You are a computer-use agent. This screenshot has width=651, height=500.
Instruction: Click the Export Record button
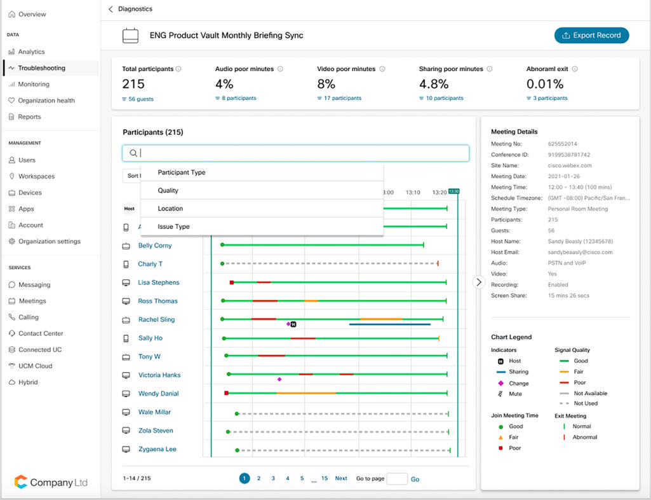coord(591,36)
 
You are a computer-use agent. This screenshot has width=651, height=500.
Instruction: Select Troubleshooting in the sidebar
coord(41,68)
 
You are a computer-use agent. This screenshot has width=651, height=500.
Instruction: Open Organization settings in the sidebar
coord(49,242)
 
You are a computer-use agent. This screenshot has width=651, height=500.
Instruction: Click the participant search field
coord(295,153)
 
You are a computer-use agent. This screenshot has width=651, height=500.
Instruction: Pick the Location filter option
coord(170,209)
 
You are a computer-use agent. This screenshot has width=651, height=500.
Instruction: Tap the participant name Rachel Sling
coord(156,320)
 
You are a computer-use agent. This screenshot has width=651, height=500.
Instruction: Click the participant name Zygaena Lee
coord(157,449)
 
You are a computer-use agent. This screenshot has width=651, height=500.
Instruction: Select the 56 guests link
coord(140,99)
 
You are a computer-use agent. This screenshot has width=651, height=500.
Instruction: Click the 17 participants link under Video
coord(342,99)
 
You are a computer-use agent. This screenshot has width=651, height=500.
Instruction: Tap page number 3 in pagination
coord(273,478)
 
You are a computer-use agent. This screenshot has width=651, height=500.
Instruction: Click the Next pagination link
coord(341,478)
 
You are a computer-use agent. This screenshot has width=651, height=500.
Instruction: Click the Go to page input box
coord(397,479)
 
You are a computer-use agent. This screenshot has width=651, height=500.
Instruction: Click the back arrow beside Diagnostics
coord(111,10)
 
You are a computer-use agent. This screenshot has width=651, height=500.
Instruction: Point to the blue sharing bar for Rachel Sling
coord(389,324)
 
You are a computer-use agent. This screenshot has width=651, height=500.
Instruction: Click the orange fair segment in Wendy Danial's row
coord(305,393)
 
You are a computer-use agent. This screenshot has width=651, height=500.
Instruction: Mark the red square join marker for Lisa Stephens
coord(232,282)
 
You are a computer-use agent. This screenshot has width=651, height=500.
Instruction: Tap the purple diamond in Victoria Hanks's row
coord(279,379)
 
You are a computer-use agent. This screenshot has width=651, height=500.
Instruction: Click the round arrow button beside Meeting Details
coord(479,282)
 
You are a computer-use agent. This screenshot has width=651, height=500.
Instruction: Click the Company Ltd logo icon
coord(21,482)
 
